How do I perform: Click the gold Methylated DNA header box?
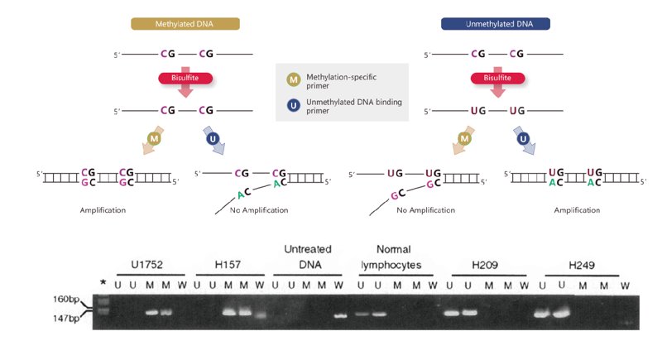185,24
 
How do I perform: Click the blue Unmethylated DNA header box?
495,24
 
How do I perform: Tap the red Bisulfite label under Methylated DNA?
185,78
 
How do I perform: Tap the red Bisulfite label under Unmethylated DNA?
498,78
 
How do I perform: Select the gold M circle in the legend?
294,79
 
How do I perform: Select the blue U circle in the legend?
294,105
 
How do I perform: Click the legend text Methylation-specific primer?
341,81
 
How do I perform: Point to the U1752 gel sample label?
146,265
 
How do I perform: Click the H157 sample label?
228,265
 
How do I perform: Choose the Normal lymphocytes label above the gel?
391,257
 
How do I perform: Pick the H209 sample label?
485,265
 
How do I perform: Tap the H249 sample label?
582,265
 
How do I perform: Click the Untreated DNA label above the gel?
308,257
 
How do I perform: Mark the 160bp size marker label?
66,300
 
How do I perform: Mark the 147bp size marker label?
66,319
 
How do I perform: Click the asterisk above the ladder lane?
103,282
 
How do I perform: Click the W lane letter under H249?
625,286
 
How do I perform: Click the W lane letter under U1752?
182,285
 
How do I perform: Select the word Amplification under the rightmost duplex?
577,210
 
